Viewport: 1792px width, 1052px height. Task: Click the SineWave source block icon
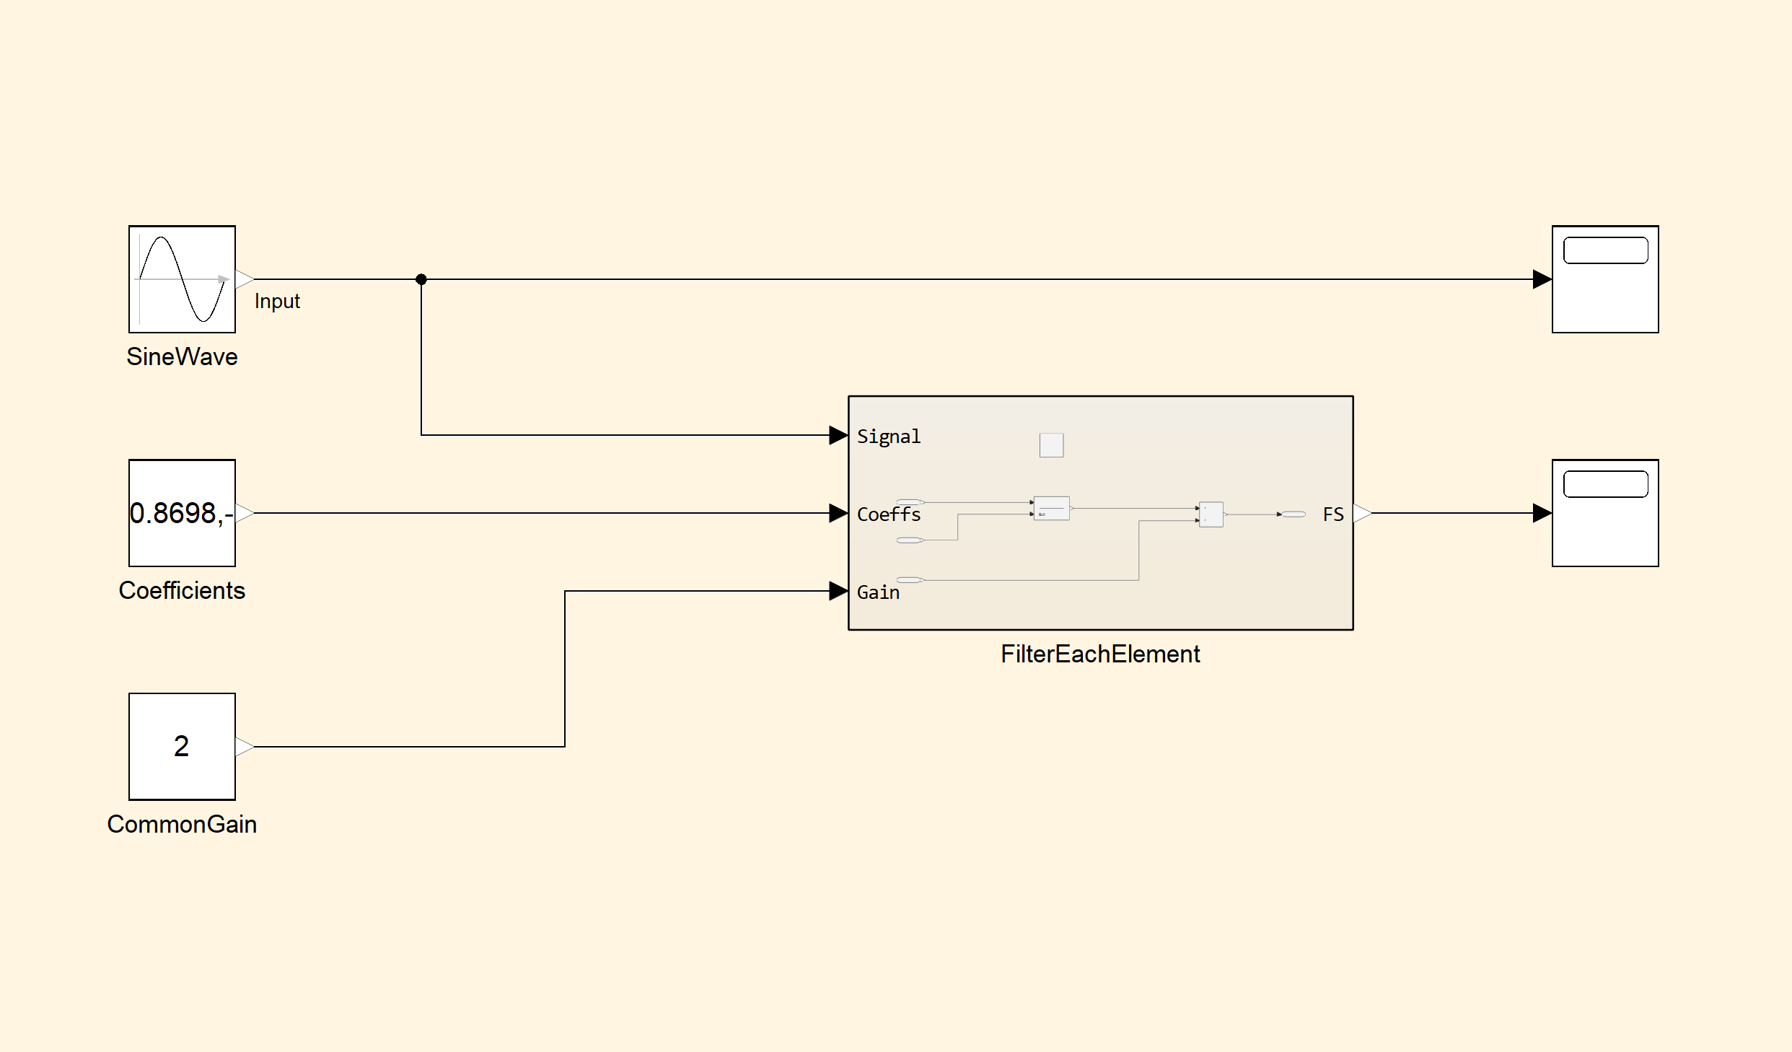click(182, 279)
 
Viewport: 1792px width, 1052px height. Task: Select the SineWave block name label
click(182, 357)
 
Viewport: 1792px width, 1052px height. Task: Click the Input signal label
click(277, 302)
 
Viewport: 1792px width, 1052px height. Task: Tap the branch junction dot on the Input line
click(421, 279)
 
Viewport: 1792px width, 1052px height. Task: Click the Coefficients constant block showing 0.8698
click(182, 513)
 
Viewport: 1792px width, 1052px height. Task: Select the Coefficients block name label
click(182, 591)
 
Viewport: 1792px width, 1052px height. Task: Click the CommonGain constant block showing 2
click(182, 747)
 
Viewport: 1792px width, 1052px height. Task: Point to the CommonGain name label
click(182, 825)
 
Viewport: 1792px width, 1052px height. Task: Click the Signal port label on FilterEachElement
click(889, 437)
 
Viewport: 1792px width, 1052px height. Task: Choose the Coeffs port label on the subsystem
click(889, 514)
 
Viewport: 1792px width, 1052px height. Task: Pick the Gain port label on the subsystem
click(878, 592)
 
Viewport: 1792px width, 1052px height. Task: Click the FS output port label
click(1333, 514)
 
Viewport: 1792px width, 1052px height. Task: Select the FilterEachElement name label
click(1100, 654)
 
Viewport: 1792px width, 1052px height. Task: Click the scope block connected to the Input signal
click(1605, 279)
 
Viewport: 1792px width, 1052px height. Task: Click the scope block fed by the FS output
click(1605, 513)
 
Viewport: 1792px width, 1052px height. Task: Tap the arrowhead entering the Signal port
click(838, 435)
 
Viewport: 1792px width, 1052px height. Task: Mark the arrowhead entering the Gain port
click(838, 591)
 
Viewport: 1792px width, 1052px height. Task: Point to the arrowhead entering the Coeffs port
click(838, 513)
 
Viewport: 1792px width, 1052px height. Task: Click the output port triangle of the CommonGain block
click(245, 747)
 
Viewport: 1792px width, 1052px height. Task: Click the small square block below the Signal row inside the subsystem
click(1051, 445)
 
